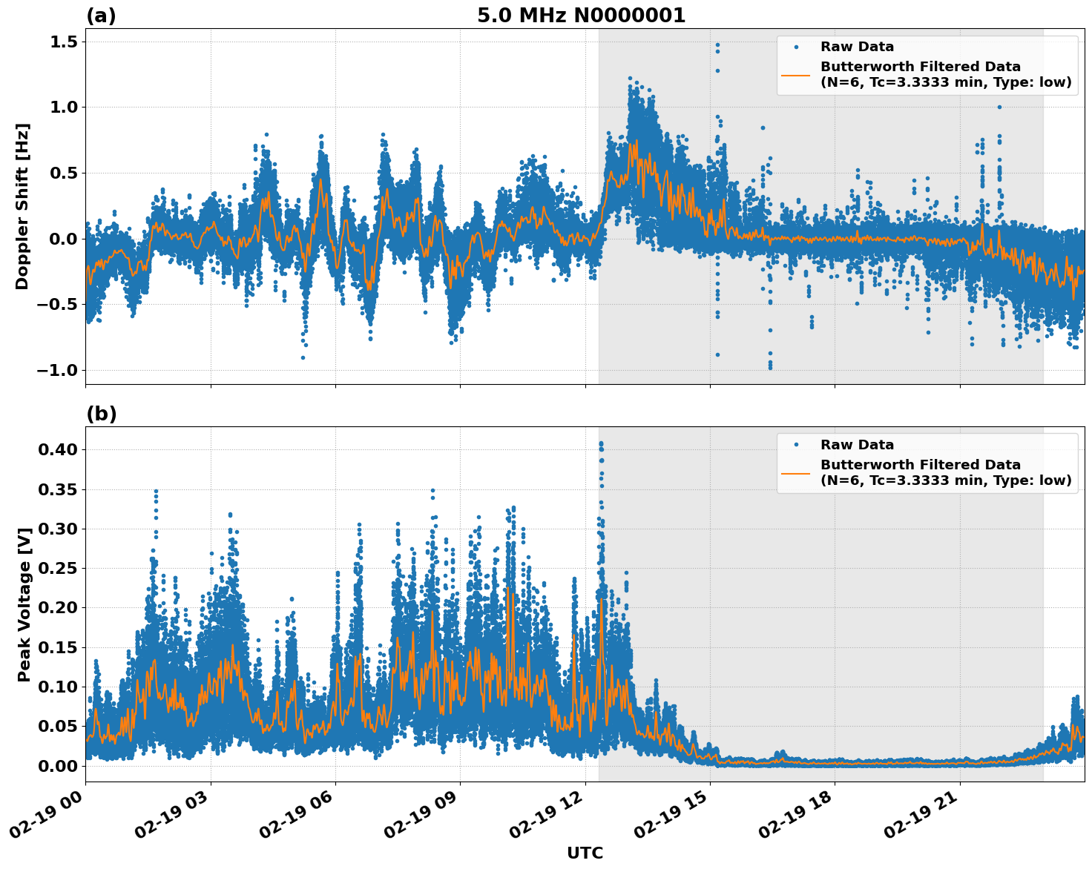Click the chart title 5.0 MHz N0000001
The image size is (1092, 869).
581,16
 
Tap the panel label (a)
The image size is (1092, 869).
101,16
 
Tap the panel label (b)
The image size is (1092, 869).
101,414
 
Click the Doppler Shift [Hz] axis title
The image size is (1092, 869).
22,206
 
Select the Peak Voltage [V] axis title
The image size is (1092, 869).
24,604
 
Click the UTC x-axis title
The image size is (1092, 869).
585,853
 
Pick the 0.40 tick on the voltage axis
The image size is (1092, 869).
59,449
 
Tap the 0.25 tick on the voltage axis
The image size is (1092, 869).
59,568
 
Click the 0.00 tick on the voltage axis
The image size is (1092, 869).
59,765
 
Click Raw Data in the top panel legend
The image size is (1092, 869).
857,47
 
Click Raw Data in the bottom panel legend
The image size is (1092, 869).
857,445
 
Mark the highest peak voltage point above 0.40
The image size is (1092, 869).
601,443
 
